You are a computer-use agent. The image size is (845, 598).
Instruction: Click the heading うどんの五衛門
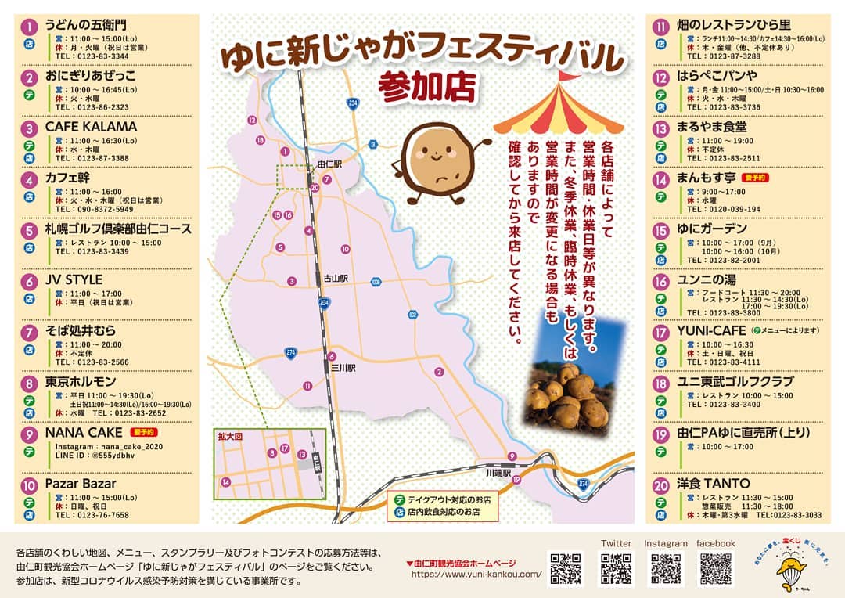click(84, 26)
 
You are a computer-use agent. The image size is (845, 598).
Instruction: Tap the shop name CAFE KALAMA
click(91, 127)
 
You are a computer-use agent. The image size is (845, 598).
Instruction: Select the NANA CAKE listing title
click(84, 432)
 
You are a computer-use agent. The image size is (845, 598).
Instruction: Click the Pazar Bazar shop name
click(81, 484)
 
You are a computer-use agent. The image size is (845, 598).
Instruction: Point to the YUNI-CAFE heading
click(711, 330)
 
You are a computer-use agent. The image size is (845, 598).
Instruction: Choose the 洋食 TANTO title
click(713, 484)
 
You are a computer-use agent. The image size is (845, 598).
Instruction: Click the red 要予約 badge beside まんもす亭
click(755, 178)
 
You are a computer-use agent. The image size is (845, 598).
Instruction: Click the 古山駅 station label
click(335, 278)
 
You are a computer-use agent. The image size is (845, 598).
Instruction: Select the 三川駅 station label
click(343, 366)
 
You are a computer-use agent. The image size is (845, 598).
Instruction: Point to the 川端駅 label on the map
click(498, 474)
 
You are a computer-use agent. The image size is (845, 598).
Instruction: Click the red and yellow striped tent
click(559, 106)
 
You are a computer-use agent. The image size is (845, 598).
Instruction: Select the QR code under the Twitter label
click(616, 569)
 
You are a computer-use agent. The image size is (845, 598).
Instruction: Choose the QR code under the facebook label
click(715, 569)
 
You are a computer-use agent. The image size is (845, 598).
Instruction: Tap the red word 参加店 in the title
click(426, 87)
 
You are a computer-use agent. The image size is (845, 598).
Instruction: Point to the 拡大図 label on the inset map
click(231, 437)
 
